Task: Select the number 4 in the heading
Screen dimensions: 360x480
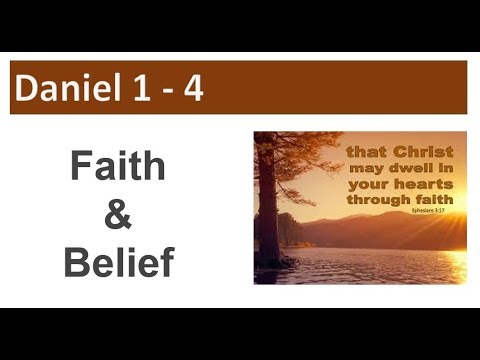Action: (x=192, y=89)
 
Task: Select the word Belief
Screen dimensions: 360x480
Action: (x=119, y=262)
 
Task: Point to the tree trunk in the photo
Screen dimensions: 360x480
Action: (x=268, y=210)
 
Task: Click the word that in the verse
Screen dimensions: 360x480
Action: (x=367, y=152)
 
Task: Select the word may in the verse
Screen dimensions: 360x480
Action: (x=365, y=168)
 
